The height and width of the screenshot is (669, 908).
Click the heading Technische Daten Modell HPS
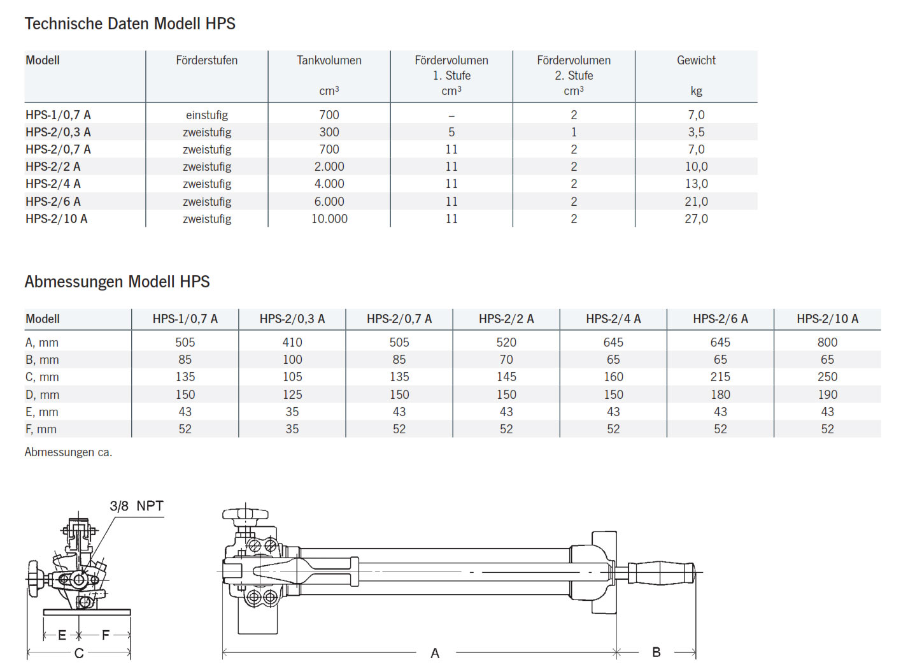coord(130,24)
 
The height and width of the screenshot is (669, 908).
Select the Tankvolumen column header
coord(329,61)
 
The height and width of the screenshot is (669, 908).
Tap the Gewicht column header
coord(696,61)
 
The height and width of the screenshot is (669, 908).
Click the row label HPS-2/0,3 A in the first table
coord(58,132)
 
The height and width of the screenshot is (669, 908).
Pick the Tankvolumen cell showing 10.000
coord(329,219)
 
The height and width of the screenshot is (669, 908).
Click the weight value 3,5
coord(696,132)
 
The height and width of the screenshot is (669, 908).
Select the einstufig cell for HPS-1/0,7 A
coord(207,115)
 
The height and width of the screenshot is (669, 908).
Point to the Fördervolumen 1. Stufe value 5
coord(451,132)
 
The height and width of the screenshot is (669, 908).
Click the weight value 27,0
coord(696,219)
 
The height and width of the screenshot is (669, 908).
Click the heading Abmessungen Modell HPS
coord(117,282)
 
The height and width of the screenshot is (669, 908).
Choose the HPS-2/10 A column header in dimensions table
coord(827,319)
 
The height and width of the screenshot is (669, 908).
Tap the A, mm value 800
coord(827,342)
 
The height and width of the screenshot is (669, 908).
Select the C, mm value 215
coord(720,377)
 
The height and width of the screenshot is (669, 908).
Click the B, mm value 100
coord(292,359)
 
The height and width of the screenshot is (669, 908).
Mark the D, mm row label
coord(42,394)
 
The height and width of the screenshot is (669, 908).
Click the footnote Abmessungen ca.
coord(68,452)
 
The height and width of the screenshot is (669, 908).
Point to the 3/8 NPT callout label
coord(136,506)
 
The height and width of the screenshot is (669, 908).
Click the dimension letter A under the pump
coord(435,653)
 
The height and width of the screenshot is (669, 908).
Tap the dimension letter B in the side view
coord(656,652)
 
